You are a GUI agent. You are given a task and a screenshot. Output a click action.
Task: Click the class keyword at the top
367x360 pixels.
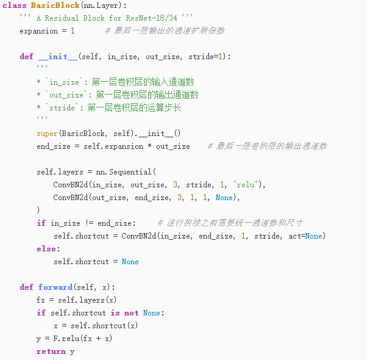coord(15,5)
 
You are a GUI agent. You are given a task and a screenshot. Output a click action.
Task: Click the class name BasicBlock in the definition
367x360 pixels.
coord(55,5)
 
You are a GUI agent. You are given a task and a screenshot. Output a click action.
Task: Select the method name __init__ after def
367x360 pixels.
coord(58,57)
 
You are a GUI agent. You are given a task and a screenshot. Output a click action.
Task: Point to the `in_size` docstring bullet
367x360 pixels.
coord(64,82)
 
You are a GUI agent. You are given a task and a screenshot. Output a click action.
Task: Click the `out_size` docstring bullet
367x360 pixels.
coord(66,95)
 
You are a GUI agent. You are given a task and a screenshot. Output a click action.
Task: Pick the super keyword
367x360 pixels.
coord(47,134)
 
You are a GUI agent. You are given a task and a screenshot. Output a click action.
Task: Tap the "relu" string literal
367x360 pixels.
coord(246,184)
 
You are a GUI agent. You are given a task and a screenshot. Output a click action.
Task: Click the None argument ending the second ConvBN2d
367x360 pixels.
coord(224,198)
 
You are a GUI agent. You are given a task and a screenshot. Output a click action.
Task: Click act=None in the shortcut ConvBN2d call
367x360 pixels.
coord(305,236)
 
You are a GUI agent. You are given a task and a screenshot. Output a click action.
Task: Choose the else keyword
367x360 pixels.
coord(47,249)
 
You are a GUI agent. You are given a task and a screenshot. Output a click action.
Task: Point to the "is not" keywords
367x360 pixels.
coord(124,313)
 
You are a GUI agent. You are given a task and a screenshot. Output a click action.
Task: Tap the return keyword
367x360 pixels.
coord(51,351)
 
